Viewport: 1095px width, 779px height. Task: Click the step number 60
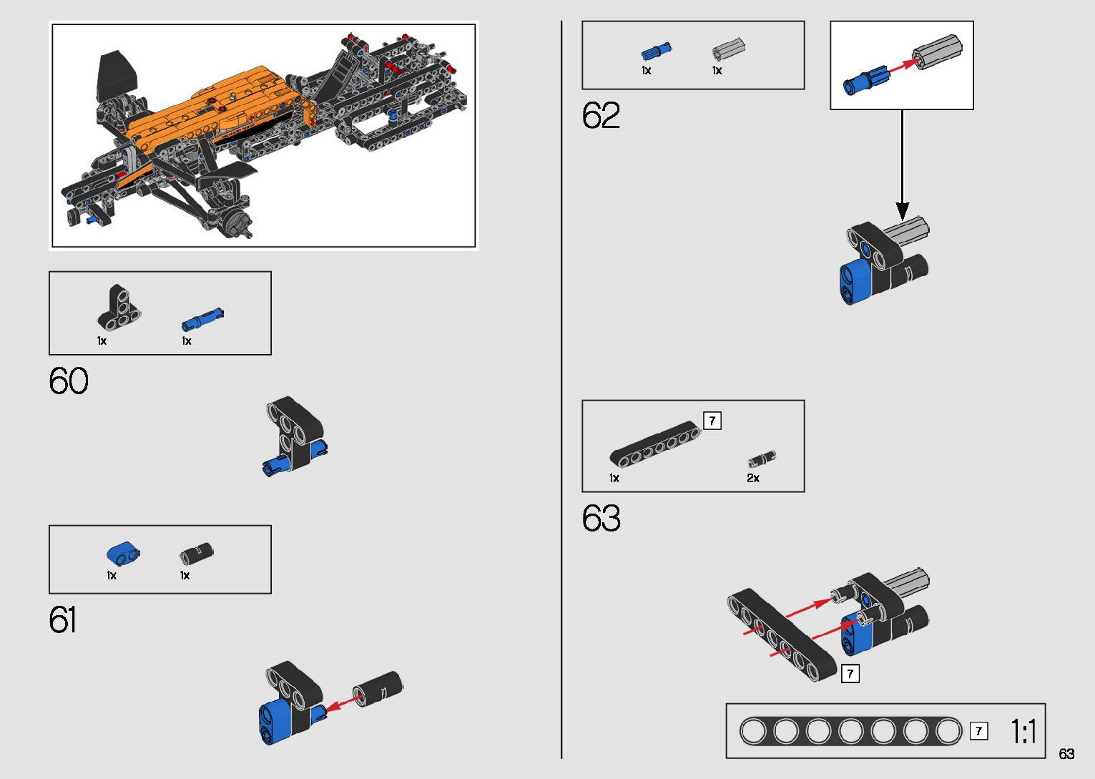(69, 381)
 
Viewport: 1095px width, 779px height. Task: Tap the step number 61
(63, 620)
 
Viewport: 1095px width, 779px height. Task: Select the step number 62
(601, 116)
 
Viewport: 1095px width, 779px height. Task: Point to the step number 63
(601, 519)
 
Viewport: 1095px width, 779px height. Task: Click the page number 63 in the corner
(1066, 754)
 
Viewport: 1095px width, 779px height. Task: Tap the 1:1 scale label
(1023, 732)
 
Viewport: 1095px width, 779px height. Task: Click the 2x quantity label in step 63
(753, 479)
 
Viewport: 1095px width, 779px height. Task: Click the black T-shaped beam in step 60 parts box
(119, 308)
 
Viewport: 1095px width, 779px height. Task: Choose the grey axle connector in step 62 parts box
(729, 50)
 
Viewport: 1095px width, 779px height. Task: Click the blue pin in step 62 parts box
(656, 52)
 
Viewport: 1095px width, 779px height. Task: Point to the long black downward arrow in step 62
(903, 165)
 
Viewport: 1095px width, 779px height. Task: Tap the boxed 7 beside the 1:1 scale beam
(978, 731)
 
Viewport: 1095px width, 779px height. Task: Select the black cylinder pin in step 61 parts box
(197, 554)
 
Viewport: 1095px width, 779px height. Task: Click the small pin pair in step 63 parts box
(762, 459)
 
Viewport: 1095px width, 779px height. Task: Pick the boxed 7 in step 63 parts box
(712, 421)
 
